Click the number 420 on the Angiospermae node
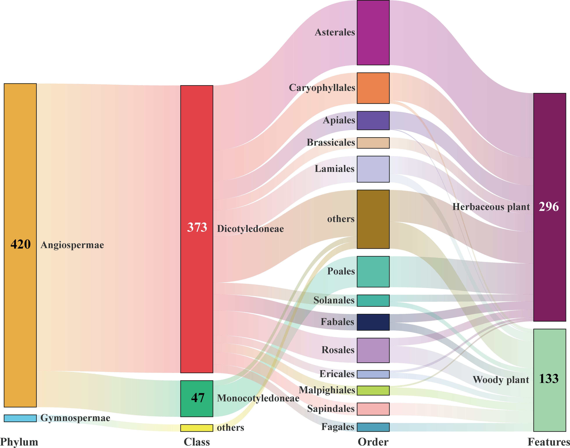pos(20,244)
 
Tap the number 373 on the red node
pos(197,227)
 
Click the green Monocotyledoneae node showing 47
pos(197,398)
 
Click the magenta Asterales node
pos(373,33)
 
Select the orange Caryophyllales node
pos(373,88)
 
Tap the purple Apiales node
pos(373,120)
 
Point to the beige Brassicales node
pos(373,143)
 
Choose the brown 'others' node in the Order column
pos(373,219)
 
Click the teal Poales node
pos(373,271)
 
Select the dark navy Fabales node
pos(373,322)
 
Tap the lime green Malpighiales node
pos(373,390)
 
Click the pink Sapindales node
pos(373,409)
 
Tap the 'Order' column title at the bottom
pos(373,442)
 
